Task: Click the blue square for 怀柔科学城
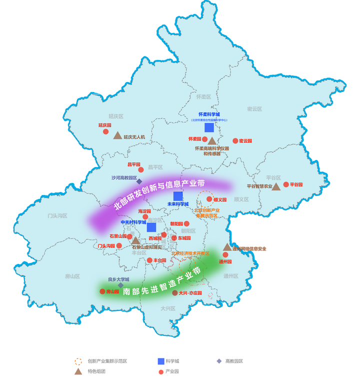[209, 127]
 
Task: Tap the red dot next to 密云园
[235, 141]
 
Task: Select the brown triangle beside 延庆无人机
[117, 135]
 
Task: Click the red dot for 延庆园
[105, 132]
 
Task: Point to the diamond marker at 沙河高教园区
[139, 181]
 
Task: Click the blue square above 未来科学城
[177, 196]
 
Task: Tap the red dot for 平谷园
[286, 184]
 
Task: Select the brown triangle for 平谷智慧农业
[276, 186]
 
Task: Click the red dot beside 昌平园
[141, 169]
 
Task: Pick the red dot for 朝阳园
[186, 224]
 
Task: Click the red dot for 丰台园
[149, 260]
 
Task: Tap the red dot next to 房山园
[102, 291]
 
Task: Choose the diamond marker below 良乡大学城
[120, 285]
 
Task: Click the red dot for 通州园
[225, 254]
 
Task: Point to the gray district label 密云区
[254, 108]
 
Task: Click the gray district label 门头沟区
[57, 215]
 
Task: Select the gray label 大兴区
[168, 308]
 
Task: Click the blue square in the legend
[161, 361]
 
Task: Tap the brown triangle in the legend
[78, 372]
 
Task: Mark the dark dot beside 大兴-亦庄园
[174, 293]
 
